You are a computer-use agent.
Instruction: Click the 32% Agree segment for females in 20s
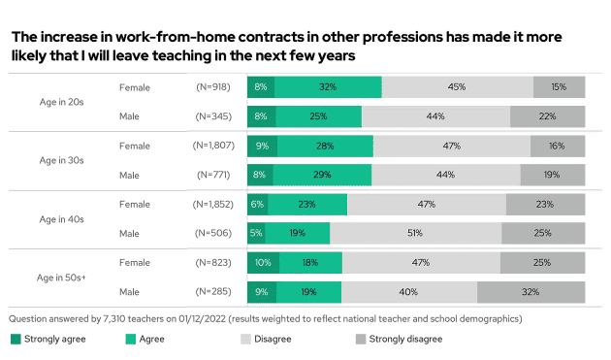328,86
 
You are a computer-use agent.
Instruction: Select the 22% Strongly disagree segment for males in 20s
548,116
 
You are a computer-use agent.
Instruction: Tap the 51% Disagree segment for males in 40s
415,233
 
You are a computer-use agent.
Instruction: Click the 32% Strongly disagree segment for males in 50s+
531,292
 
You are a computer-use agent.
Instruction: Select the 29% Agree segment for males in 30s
338,176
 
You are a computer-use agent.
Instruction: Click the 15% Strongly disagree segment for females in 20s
560,86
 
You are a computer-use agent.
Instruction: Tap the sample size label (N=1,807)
212,146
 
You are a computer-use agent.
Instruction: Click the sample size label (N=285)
212,292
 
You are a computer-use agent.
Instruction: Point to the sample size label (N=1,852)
212,204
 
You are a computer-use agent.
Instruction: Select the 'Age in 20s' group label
61,101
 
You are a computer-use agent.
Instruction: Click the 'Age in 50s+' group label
61,278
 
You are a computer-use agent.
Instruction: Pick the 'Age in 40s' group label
61,218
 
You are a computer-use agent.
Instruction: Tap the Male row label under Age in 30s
129,176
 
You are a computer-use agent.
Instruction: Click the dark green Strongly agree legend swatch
15,339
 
